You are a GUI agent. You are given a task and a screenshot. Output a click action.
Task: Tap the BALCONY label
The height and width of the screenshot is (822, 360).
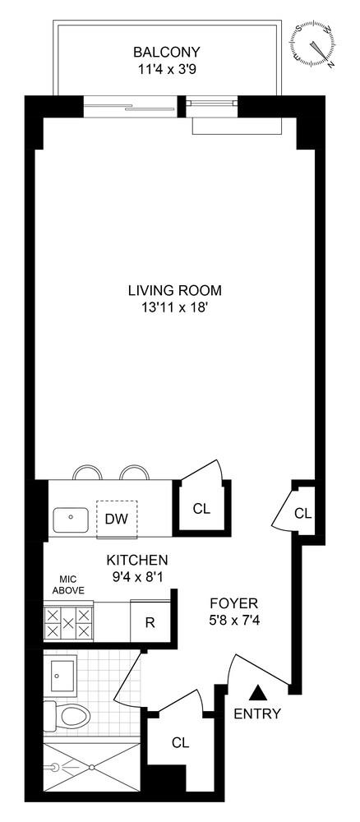coord(167,53)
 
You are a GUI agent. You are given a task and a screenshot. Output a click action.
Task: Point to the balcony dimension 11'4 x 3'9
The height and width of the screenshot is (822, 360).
coord(167,70)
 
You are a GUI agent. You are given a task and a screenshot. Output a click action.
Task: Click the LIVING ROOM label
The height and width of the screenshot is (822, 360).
coord(175,290)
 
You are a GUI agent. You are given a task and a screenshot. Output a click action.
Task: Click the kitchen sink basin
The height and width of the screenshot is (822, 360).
coord(71,520)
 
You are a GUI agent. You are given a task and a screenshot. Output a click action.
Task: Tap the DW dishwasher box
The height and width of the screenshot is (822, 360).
coord(116,520)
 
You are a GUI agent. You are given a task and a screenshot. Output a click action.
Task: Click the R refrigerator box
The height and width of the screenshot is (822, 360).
coord(150,621)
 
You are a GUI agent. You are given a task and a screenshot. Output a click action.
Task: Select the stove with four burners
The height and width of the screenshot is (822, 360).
coord(68,622)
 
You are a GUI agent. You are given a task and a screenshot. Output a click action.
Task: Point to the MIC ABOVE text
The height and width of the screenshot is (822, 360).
coord(68,584)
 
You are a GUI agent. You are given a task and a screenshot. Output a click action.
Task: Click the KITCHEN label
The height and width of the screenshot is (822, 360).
coord(137,560)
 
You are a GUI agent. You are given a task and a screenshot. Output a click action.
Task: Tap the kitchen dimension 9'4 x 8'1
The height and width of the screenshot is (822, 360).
coord(137,577)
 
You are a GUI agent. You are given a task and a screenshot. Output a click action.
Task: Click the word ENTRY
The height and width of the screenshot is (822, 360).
coord(258,713)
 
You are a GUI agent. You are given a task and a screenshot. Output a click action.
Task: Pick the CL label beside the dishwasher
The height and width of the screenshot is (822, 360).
coord(201,509)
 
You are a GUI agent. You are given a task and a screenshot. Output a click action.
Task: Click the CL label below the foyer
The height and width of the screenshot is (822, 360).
coord(181,742)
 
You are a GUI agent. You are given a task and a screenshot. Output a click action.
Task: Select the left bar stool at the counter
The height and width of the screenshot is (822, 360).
coord(86,473)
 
